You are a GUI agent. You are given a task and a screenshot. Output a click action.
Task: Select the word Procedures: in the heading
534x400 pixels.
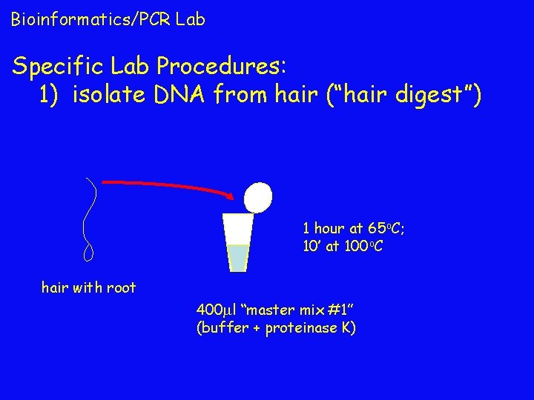(x=218, y=67)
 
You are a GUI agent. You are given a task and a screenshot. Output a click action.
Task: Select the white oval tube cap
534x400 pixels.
(x=258, y=197)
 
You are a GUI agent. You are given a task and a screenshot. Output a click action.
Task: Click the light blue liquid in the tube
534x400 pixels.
(x=238, y=257)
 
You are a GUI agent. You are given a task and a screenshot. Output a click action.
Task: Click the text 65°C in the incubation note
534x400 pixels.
(x=383, y=229)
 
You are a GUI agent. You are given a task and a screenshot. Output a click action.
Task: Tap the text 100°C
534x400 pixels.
(x=364, y=246)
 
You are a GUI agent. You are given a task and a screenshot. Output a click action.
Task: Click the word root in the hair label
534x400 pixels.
(x=120, y=287)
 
